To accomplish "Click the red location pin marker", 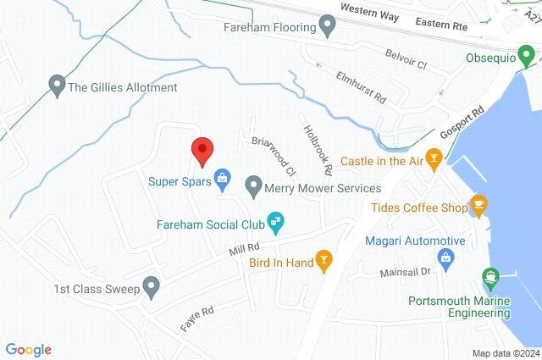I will coord(202,151).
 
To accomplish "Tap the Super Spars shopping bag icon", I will coord(222,178).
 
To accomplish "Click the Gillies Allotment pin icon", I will coord(57,85).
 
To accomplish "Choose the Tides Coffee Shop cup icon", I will coord(479,204).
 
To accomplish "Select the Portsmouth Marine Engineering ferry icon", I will coord(490,277).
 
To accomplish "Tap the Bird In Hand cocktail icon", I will coord(322,261).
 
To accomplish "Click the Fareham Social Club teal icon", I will coord(275,223).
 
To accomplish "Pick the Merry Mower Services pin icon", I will coord(252,185).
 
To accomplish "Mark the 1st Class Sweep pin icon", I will coord(152,286).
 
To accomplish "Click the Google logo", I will coord(28,349).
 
